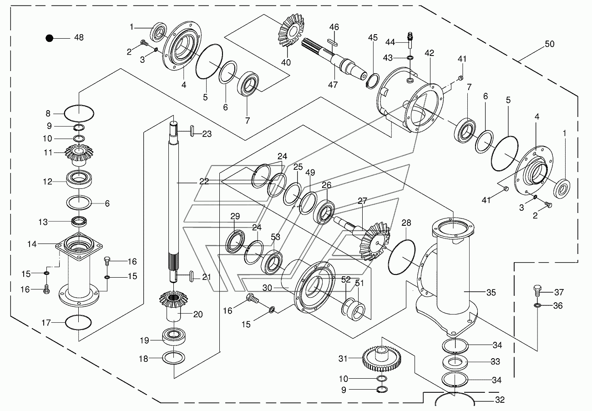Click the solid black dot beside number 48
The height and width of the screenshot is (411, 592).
pyautogui.click(x=50, y=38)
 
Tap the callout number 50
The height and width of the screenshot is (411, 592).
pyautogui.click(x=549, y=44)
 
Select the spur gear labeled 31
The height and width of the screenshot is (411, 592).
pyautogui.click(x=382, y=359)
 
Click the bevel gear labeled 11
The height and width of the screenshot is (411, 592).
pyautogui.click(x=79, y=154)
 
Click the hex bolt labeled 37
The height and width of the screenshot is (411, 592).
pyautogui.click(x=536, y=292)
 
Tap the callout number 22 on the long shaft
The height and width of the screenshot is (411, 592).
pyautogui.click(x=204, y=182)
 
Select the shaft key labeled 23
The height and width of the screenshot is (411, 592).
pyautogui.click(x=192, y=131)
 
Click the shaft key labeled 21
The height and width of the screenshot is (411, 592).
pyautogui.click(x=192, y=276)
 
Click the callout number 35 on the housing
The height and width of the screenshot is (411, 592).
pyautogui.click(x=491, y=293)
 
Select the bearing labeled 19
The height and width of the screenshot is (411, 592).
pyautogui.click(x=174, y=336)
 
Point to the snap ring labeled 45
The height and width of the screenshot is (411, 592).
pyautogui.click(x=373, y=81)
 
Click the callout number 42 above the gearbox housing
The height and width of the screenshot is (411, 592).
pyautogui.click(x=429, y=53)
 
